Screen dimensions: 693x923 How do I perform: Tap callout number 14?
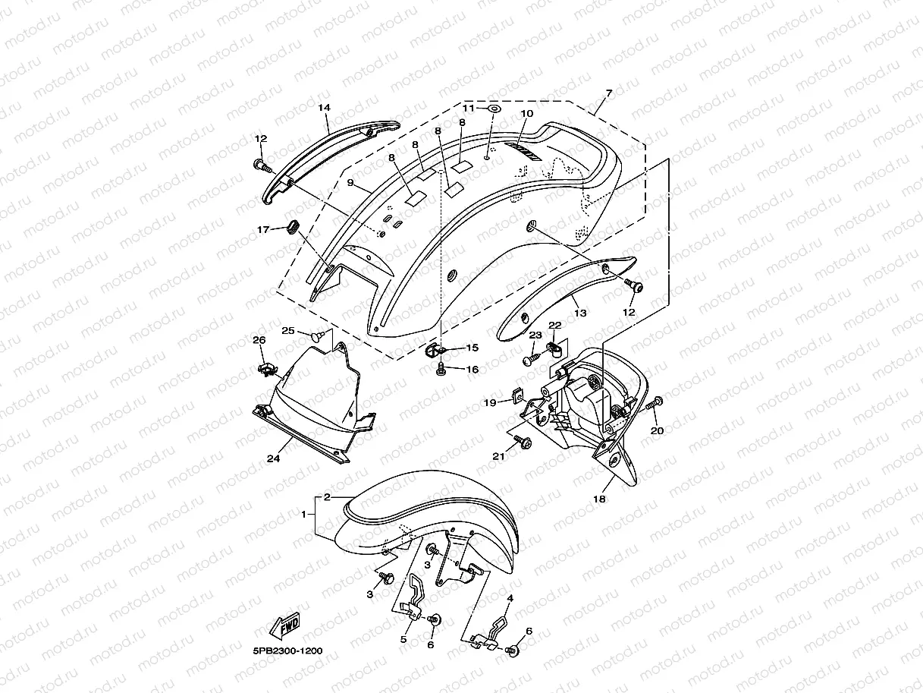point(324,108)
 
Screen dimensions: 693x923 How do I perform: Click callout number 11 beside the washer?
point(469,109)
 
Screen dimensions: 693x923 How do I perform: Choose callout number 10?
point(526,113)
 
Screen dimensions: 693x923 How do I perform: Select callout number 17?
point(262,229)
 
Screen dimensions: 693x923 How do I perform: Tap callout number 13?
point(579,313)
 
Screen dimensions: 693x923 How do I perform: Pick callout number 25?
point(288,330)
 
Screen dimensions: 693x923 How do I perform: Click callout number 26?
point(259,340)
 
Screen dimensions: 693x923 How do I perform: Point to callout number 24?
point(273,458)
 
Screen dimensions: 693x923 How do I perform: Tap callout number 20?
point(658,430)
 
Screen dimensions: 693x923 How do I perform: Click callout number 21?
point(498,456)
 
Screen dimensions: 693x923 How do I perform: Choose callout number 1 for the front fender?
point(307,515)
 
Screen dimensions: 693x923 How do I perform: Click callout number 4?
point(510,599)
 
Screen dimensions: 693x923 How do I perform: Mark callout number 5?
point(403,639)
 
